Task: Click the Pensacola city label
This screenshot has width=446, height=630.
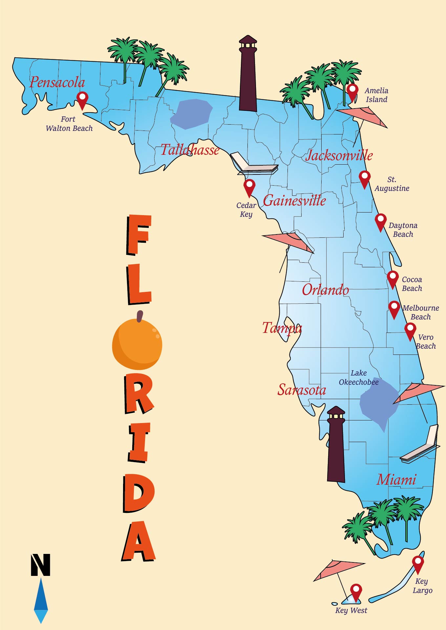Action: click(57, 82)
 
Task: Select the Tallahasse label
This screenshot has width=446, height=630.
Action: click(190, 150)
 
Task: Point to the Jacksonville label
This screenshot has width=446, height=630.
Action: click(339, 155)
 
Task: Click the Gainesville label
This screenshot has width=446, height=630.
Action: click(294, 200)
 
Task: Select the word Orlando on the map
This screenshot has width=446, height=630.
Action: click(325, 290)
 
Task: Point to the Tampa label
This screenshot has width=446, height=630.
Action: click(282, 328)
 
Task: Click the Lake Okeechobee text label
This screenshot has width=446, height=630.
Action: click(359, 377)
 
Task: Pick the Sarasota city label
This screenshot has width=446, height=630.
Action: click(302, 390)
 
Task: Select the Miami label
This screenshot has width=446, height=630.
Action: click(396, 479)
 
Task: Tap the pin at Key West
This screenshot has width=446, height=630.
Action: click(356, 591)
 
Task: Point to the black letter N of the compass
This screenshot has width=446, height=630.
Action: click(41, 565)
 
